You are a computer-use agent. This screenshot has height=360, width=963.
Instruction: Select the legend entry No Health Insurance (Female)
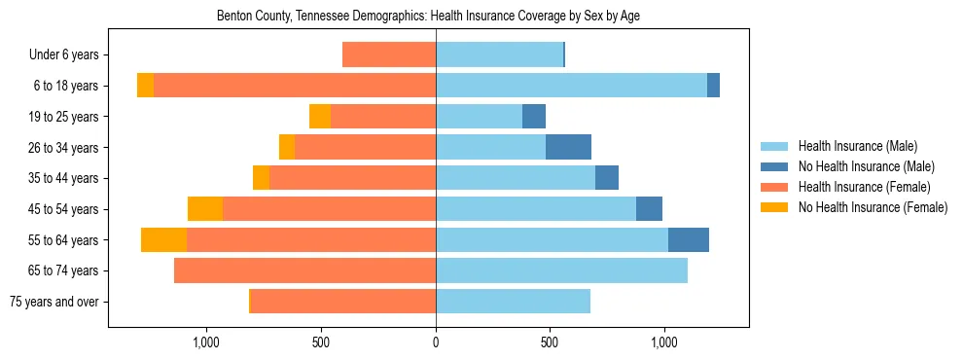coord(872,207)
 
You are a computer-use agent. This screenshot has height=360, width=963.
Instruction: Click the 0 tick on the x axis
coord(436,342)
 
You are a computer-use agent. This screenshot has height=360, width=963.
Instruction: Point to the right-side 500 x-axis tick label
coord(550,342)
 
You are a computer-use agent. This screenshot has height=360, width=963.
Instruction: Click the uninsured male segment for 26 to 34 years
coord(568,147)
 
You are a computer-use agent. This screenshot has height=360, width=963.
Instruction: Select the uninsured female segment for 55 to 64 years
coord(163,239)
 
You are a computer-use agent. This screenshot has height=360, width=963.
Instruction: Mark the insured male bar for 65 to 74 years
coord(561,270)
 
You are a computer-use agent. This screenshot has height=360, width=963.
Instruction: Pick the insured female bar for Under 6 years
coord(389,54)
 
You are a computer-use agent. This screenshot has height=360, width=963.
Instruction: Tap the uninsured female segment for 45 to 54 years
coord(205,209)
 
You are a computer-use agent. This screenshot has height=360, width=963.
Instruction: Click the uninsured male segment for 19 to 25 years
coord(534,117)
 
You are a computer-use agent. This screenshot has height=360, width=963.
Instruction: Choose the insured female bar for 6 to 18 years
coord(295,86)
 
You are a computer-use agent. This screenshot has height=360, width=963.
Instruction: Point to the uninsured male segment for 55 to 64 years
coord(689,239)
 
